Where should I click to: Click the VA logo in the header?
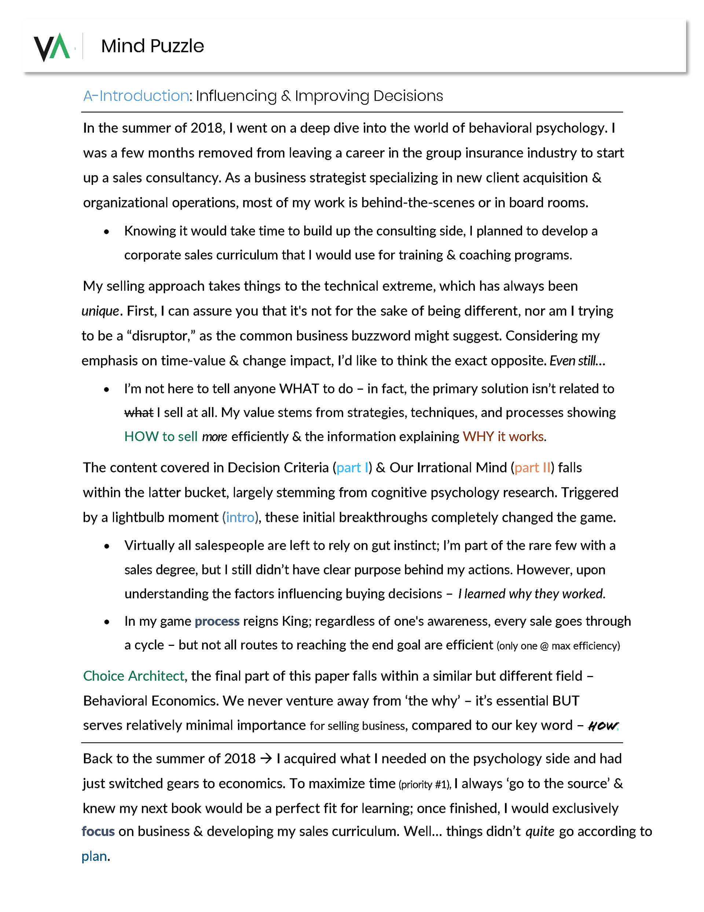[x=52, y=47]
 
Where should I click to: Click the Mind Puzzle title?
[x=152, y=46]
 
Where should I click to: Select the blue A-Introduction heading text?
[x=136, y=96]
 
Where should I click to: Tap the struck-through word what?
[x=139, y=413]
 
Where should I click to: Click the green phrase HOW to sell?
[x=161, y=437]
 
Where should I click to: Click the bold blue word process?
[x=217, y=621]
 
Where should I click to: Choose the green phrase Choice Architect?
[x=133, y=676]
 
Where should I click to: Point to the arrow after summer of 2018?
[x=266, y=758]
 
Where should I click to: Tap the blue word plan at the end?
[x=94, y=857]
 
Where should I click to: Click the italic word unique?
[x=100, y=311]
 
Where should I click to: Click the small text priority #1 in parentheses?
[x=424, y=785]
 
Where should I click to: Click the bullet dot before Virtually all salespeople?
[x=107, y=546]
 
